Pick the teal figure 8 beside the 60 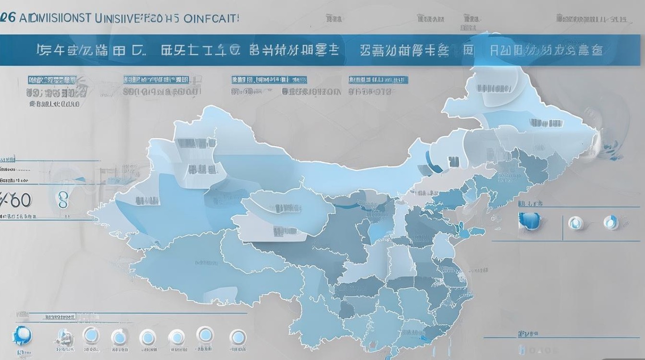(62, 200)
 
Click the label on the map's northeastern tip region (494, 88)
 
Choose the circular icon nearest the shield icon (575, 222)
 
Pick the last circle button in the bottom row (237, 336)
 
